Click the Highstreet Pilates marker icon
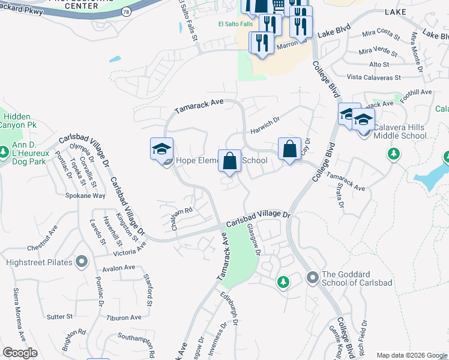pos(82,262)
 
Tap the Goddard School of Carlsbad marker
pos(312,277)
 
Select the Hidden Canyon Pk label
pos(20,121)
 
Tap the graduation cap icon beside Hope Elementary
pos(161,149)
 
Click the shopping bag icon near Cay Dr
pos(289,149)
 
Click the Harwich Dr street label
pos(266,128)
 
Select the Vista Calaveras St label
pos(374,77)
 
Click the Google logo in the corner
pos(20,353)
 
